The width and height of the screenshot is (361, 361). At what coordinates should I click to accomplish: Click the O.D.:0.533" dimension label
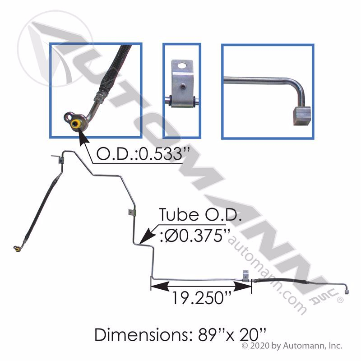(x=143, y=154)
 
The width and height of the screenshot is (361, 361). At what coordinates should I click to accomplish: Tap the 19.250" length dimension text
(x=198, y=298)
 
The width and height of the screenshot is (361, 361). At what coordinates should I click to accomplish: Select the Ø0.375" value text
(x=195, y=236)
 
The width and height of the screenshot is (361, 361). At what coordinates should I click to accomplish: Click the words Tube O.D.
(x=200, y=215)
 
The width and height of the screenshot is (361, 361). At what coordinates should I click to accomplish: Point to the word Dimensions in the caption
(x=142, y=335)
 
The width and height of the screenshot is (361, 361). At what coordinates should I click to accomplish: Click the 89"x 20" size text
(x=232, y=335)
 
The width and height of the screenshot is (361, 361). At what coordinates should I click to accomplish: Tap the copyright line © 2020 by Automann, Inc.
(x=292, y=346)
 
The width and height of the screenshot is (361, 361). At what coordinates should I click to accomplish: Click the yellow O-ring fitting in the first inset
(x=75, y=124)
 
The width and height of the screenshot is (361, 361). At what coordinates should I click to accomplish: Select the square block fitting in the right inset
(x=301, y=116)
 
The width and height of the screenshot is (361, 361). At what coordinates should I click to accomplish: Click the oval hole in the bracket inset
(x=182, y=65)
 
